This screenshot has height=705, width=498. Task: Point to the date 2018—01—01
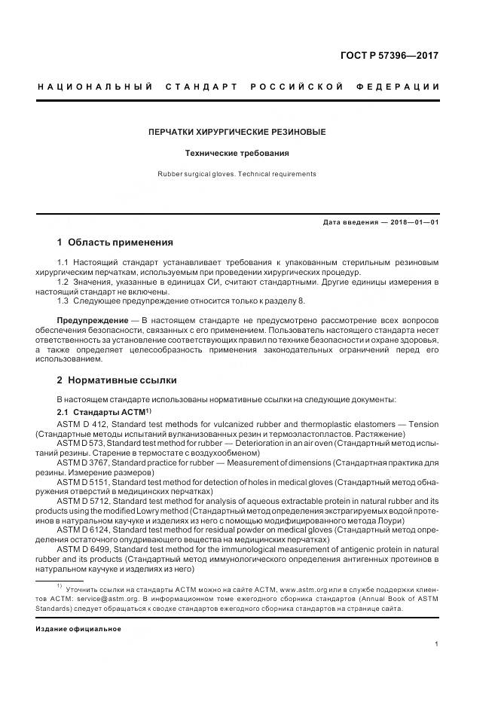click(412, 223)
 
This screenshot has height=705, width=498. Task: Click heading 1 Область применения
click(115, 243)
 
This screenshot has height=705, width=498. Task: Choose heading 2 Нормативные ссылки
click(117, 380)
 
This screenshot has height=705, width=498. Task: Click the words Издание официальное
click(78, 628)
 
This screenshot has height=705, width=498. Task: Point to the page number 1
click(437, 644)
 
